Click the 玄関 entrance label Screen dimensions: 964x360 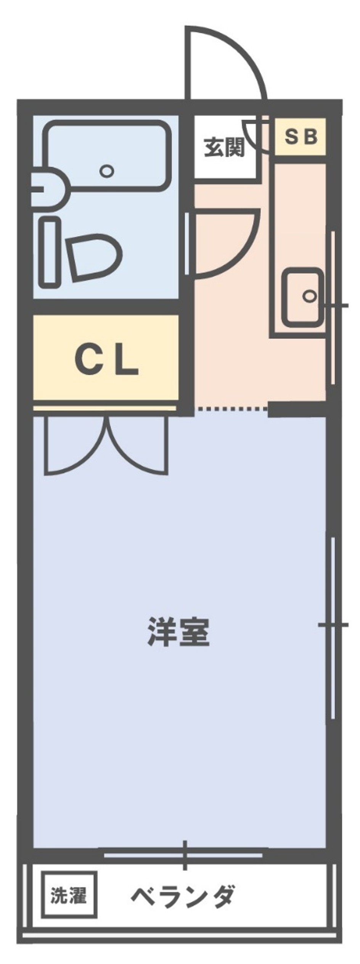click(224, 148)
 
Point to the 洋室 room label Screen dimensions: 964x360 click(178, 631)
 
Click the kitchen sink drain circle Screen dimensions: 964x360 click(310, 296)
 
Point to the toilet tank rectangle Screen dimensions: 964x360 click(51, 252)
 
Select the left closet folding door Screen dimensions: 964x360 click(76, 446)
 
